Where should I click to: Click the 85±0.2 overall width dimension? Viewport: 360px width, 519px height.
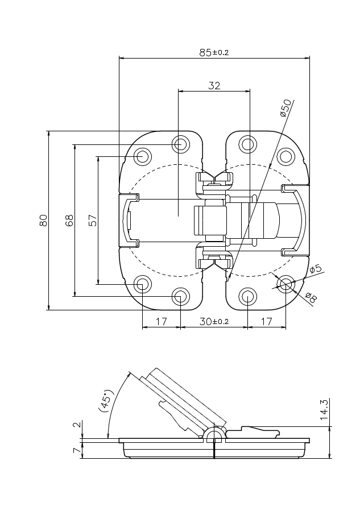[214, 52]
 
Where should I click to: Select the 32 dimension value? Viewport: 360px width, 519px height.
[214, 85]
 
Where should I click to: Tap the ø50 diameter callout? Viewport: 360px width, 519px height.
[286, 108]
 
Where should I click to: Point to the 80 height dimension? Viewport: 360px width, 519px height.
[43, 221]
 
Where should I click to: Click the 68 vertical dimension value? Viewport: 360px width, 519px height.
[69, 221]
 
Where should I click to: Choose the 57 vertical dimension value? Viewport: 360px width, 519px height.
[93, 221]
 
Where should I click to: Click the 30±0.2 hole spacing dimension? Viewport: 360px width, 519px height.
[214, 321]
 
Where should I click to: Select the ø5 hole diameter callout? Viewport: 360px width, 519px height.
[316, 269]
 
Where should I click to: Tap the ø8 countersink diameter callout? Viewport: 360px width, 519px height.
[311, 297]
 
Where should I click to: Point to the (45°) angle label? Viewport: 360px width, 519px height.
[106, 401]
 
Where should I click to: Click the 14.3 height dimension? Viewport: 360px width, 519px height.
[324, 410]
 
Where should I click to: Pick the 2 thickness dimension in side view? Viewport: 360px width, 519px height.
[77, 425]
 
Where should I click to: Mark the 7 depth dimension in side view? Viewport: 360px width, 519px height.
[77, 450]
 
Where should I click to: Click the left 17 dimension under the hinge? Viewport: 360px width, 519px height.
[162, 321]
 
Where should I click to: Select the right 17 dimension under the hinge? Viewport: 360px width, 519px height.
[267, 321]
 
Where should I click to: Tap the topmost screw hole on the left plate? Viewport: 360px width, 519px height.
[180, 144]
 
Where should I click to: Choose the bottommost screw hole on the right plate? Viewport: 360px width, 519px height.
[248, 296]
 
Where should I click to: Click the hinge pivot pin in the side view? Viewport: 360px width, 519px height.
[215, 435]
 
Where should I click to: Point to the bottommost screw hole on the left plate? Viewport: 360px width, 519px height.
[180, 296]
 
